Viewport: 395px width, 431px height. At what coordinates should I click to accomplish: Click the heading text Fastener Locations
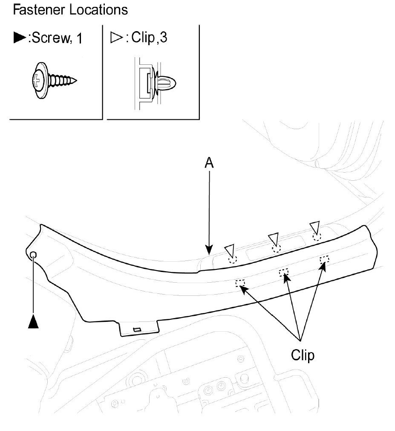click(x=70, y=10)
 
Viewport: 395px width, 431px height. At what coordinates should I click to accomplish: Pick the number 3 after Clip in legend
click(x=163, y=38)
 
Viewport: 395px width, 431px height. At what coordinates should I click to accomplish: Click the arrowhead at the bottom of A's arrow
click(x=209, y=251)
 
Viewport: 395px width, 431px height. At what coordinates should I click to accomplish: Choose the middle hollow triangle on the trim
click(x=273, y=239)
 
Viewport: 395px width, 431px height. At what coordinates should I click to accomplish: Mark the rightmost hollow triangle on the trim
click(x=315, y=227)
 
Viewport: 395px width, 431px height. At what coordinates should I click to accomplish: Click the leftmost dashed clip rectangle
click(x=240, y=283)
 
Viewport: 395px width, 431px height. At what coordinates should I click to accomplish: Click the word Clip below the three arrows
click(x=303, y=355)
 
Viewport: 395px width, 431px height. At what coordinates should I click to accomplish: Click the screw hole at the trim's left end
click(x=34, y=255)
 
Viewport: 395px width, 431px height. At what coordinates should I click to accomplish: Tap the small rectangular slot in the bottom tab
click(x=137, y=329)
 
